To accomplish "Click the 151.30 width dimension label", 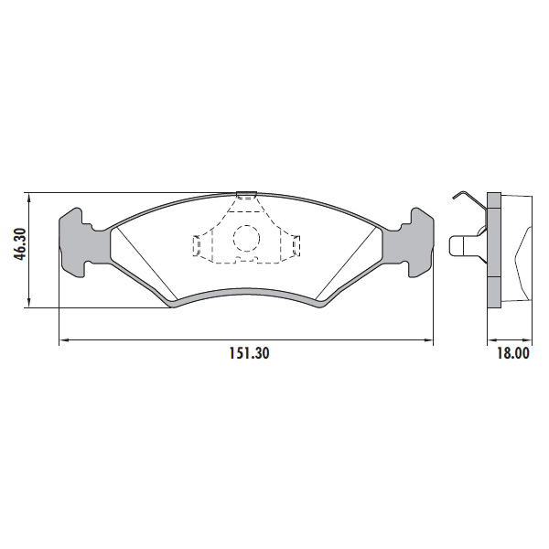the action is click(x=250, y=353).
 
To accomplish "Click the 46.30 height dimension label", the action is click(x=20, y=244).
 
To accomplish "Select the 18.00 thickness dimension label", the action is click(x=513, y=353).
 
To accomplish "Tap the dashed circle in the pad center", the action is click(x=246, y=239).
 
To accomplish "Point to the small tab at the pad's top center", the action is click(x=246, y=194).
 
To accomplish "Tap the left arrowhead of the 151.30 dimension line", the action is click(x=64, y=339).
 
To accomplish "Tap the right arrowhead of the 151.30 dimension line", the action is click(x=428, y=339).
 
